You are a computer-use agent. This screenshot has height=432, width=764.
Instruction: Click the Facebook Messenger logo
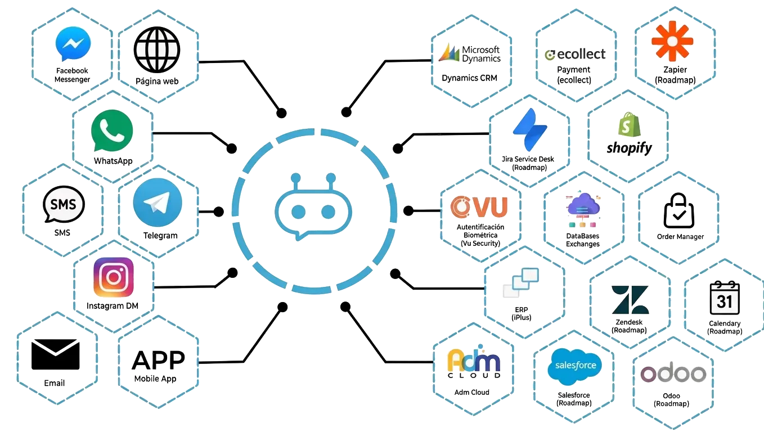(x=73, y=44)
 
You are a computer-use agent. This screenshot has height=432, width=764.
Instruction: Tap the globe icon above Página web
(x=157, y=49)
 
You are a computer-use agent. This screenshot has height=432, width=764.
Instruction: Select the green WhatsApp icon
(x=112, y=130)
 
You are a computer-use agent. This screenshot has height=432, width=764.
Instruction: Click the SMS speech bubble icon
(x=64, y=204)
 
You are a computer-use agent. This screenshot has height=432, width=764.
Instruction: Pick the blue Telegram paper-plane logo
(x=158, y=202)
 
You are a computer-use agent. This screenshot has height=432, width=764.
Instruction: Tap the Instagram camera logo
(x=114, y=277)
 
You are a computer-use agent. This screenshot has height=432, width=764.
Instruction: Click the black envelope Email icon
(x=55, y=354)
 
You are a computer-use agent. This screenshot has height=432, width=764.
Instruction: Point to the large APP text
(x=158, y=361)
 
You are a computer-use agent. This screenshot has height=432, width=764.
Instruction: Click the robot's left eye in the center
(x=298, y=211)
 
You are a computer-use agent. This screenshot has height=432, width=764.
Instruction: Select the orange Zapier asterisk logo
(x=672, y=41)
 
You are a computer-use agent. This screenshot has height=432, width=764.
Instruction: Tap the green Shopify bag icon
(x=629, y=124)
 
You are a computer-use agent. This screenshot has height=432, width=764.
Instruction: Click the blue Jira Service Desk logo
(x=530, y=129)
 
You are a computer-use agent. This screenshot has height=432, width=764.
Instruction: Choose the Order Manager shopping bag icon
(x=678, y=210)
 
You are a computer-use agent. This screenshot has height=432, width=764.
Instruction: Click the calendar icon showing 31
(x=725, y=298)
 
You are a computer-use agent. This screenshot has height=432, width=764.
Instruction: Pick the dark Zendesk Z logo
(x=630, y=300)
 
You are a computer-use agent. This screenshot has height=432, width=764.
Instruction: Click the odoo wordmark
(x=673, y=373)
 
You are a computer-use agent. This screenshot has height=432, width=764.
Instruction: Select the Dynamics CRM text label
(x=469, y=78)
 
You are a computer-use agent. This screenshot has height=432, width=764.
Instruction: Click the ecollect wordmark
(x=575, y=54)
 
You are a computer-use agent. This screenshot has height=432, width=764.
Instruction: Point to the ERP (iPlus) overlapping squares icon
(x=521, y=283)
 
